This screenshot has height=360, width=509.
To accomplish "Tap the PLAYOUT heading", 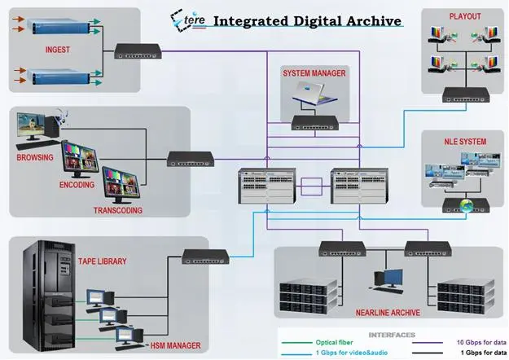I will pyautogui.click(x=465, y=15).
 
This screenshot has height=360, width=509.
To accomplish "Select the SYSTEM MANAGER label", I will pyautogui.click(x=314, y=73).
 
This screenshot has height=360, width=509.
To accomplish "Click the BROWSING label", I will pyautogui.click(x=35, y=157).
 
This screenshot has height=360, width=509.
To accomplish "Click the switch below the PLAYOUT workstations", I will pyautogui.click(x=465, y=96).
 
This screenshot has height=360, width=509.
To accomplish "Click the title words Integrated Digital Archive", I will pyautogui.click(x=308, y=20).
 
